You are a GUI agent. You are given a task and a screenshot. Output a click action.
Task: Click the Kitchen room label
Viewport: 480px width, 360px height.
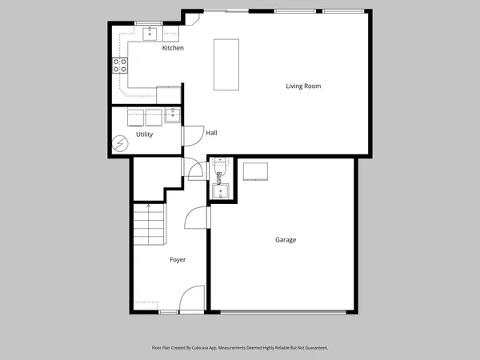pyautogui.click(x=173, y=48)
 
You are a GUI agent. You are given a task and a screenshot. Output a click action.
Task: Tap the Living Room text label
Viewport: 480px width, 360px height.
pyautogui.click(x=304, y=86)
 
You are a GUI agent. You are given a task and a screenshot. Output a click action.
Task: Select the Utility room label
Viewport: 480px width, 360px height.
pyautogui.click(x=144, y=134)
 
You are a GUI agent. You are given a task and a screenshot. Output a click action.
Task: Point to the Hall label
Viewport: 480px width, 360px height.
pyautogui.click(x=211, y=133)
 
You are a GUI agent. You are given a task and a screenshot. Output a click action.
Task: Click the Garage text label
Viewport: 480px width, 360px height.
pyautogui.click(x=286, y=239)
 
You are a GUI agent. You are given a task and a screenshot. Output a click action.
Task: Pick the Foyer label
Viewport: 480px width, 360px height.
pyautogui.click(x=178, y=260)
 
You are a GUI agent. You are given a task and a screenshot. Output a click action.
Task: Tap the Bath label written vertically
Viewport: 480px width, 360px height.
pyautogui.click(x=218, y=177)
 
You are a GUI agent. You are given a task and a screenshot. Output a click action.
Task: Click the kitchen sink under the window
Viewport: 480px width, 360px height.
pyautogui.click(x=150, y=33)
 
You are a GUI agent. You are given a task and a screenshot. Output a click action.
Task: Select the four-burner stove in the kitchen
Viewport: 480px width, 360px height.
pyautogui.click(x=119, y=65)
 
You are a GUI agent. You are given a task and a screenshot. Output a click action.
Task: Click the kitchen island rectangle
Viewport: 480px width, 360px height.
pyautogui.click(x=227, y=64)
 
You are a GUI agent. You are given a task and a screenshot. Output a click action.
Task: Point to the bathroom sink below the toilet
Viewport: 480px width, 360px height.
pyautogui.click(x=222, y=191)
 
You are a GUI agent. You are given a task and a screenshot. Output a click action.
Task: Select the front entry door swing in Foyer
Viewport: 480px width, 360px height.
pyautogui.click(x=190, y=301)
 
